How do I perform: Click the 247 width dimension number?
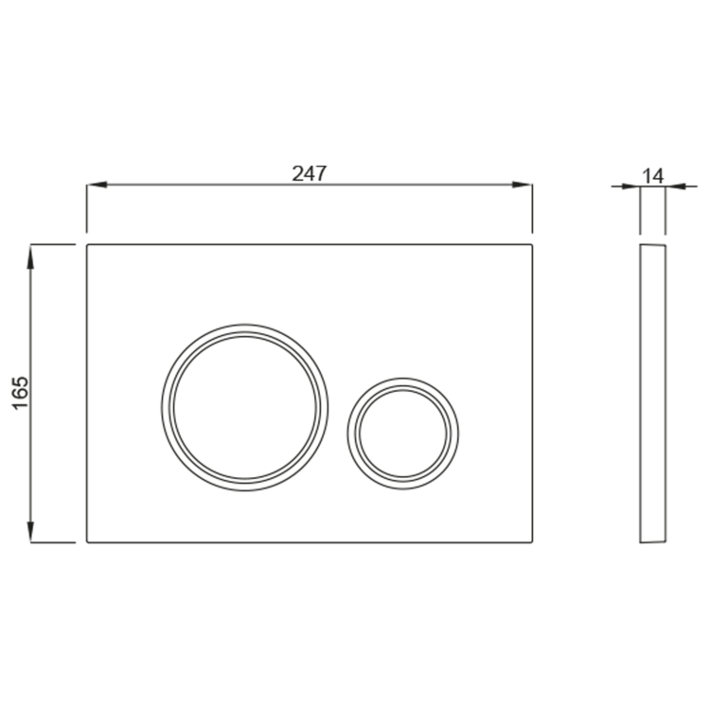(x=310, y=173)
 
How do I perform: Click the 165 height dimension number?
(x=21, y=393)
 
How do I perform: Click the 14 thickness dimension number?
(x=653, y=176)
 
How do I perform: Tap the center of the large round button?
(x=244, y=407)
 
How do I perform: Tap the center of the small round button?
(x=403, y=434)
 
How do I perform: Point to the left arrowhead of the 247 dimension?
(x=97, y=185)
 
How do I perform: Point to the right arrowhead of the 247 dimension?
(x=522, y=185)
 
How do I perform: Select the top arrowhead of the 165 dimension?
(x=30, y=256)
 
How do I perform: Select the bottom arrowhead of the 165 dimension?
(x=30, y=531)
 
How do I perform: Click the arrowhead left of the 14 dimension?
(x=630, y=186)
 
